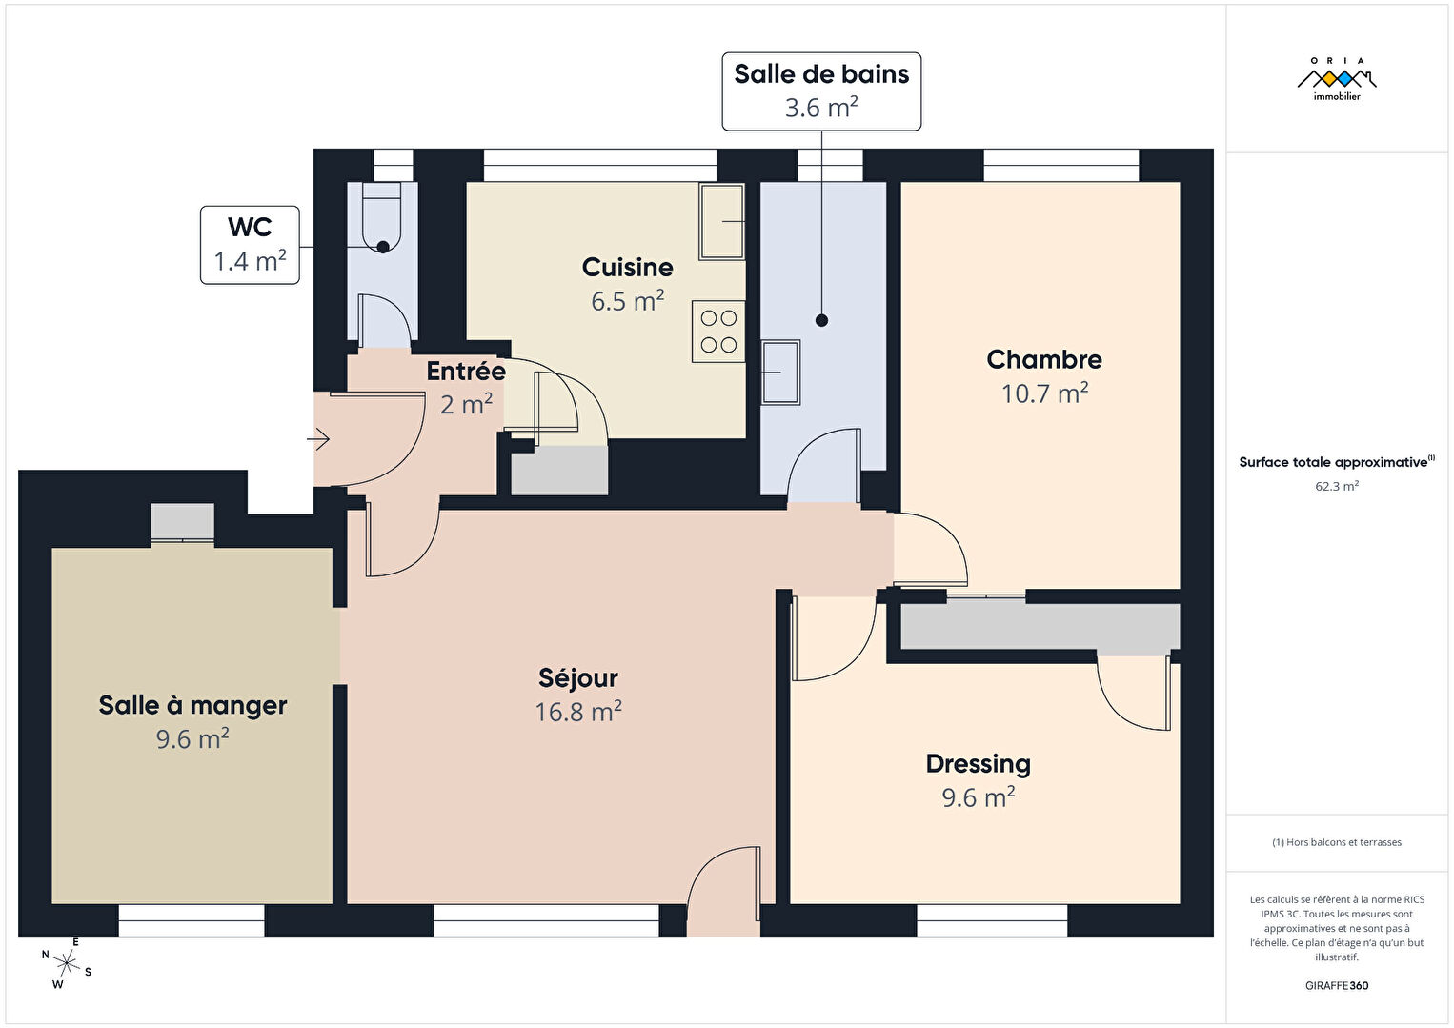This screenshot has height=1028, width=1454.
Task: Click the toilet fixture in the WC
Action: (381, 217)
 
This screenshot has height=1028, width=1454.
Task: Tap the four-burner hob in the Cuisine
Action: (718, 331)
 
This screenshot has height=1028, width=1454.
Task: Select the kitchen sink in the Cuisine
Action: (722, 221)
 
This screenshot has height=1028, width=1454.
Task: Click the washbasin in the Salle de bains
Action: (780, 372)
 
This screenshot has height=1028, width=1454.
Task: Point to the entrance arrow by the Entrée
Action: (318, 439)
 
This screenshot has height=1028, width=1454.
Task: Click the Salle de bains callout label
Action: (821, 91)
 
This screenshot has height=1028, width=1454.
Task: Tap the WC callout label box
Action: (250, 245)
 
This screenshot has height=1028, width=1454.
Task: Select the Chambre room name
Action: (1043, 359)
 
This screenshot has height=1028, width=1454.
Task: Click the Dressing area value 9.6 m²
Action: (979, 796)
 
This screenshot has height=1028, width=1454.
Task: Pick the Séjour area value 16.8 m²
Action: (577, 712)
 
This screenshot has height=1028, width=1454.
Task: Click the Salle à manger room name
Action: (192, 705)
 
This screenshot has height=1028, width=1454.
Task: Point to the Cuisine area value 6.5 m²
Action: (627, 300)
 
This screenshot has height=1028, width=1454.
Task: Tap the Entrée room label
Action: (466, 372)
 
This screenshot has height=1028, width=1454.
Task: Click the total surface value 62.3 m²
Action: (1337, 486)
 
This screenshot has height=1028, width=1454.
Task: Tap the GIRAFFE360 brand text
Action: (1337, 985)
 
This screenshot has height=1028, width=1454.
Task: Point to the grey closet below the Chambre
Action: (1040, 627)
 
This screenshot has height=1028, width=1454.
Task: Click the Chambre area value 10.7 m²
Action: (1044, 393)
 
